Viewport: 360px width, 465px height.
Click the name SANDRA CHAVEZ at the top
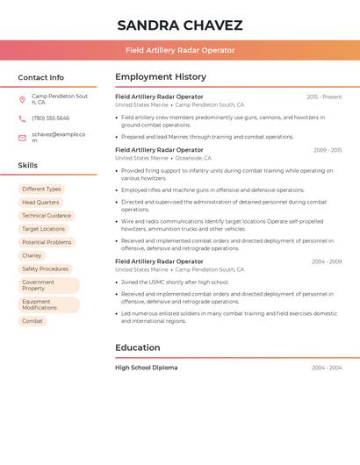(x=179, y=25)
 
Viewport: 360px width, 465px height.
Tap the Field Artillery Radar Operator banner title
(x=180, y=51)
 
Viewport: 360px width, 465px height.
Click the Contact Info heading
(x=41, y=77)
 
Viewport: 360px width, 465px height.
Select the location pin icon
(x=22, y=99)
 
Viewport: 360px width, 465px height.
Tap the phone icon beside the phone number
(x=22, y=118)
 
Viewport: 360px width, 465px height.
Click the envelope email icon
(x=22, y=137)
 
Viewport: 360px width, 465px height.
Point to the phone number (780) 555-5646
(x=50, y=118)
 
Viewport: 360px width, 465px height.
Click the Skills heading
(x=28, y=165)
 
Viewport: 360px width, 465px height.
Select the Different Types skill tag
(x=41, y=189)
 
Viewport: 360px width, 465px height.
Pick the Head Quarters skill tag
(x=40, y=203)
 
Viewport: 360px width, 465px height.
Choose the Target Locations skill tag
(x=44, y=229)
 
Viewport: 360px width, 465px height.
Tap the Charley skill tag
(x=32, y=255)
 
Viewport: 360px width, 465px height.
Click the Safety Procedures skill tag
(x=45, y=268)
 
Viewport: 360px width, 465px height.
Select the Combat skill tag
(x=32, y=321)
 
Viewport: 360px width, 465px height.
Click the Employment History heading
(x=161, y=77)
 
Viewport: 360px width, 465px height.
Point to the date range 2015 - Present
(x=324, y=97)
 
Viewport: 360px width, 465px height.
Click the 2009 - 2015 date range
(x=327, y=150)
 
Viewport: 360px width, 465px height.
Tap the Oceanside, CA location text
(x=193, y=158)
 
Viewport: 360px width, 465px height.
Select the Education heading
(x=137, y=347)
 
